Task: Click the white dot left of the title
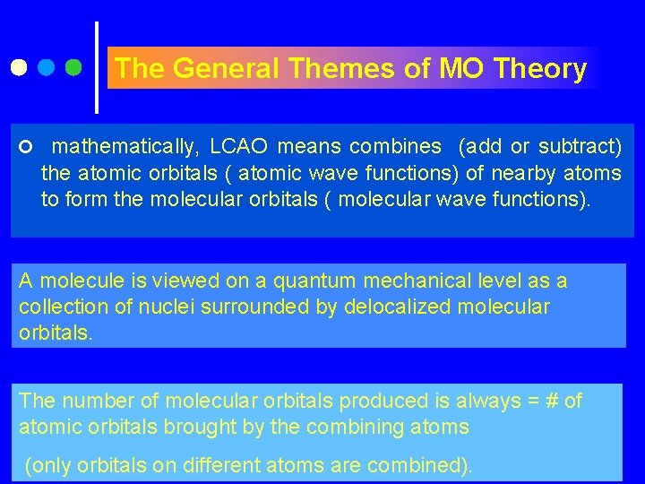18,67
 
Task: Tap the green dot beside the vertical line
74,67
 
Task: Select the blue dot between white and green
47,67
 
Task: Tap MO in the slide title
461,69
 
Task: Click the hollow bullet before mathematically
24,147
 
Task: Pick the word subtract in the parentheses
575,146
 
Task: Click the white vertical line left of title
97,67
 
